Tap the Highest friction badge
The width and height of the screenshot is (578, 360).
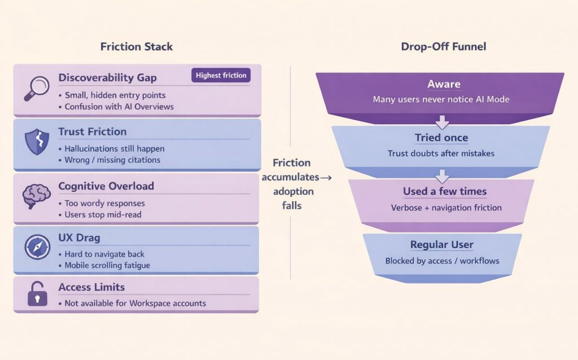(x=221, y=76)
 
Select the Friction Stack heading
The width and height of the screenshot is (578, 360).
(x=137, y=47)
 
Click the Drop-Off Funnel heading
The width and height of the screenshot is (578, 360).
(x=444, y=47)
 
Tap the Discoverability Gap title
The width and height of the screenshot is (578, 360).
(x=108, y=77)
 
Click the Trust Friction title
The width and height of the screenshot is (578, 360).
(x=93, y=131)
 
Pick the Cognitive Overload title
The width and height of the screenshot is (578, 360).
(x=106, y=186)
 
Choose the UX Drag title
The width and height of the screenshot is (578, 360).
(x=79, y=238)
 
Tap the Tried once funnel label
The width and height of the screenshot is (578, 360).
(x=441, y=138)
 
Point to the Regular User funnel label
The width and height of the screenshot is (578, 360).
(x=442, y=245)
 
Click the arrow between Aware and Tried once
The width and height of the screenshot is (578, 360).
(x=443, y=121)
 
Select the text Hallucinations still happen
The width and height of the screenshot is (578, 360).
(x=115, y=148)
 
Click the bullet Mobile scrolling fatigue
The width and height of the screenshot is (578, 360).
(x=107, y=265)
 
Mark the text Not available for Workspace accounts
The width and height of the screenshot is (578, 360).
(x=135, y=304)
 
